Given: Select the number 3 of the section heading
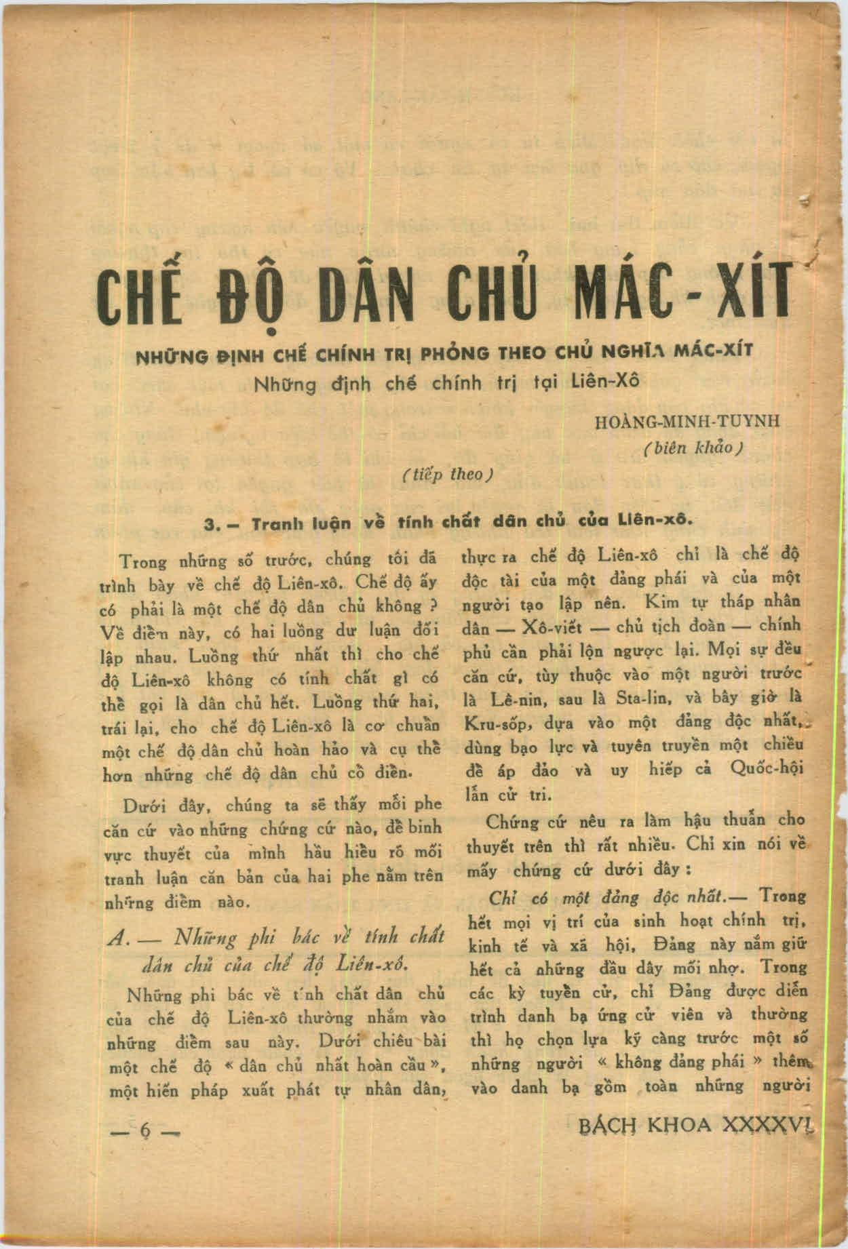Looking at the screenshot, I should coord(210,525).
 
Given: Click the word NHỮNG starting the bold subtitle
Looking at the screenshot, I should coord(169,354).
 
